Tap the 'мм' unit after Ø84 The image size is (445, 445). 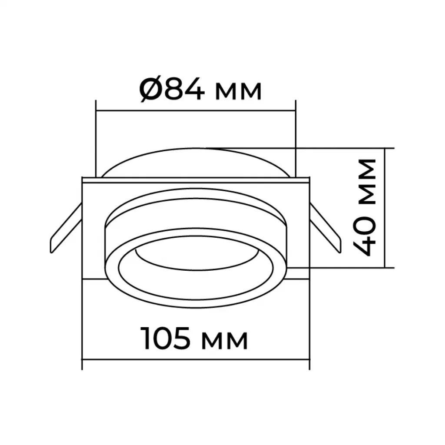tap(238, 92)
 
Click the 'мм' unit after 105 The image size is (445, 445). tap(224, 341)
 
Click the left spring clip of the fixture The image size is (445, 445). tap(66, 228)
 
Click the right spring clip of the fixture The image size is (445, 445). tap(325, 228)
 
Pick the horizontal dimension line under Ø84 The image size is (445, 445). tap(196, 110)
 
